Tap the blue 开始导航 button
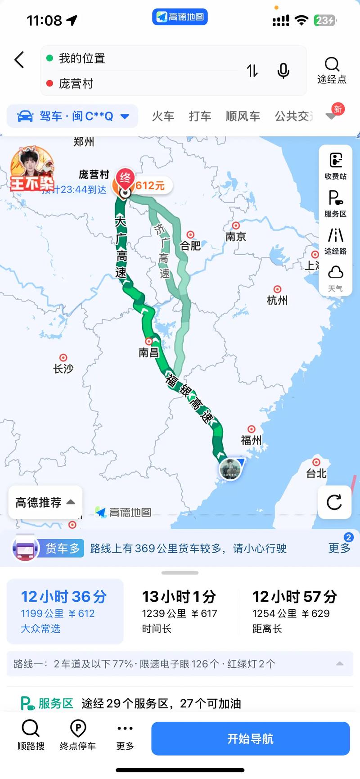pos(250,738)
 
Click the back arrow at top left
pos(19,60)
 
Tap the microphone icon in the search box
pos(283,71)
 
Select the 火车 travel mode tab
pos(163,116)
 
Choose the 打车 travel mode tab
pos(200,116)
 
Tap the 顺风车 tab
pos(243,116)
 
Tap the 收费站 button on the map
pos(336,165)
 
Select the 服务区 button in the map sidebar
pos(336,203)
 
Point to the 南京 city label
pos(236,236)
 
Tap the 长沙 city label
pos(63,368)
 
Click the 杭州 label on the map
pos(277,300)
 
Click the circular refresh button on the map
pos(334,502)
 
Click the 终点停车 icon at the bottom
pos(78,734)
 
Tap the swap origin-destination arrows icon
pos(252,71)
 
